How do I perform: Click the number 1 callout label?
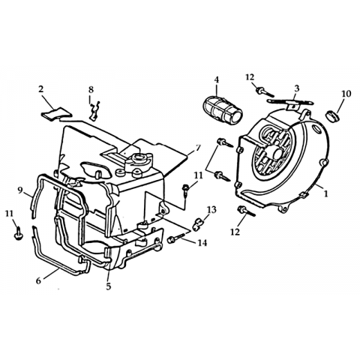coord(325,193)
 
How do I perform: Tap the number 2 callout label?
coord(41,89)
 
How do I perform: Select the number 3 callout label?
coord(296,88)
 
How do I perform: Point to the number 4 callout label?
coord(217,79)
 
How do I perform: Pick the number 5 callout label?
coord(108,286)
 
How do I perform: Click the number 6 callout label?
coord(38,280)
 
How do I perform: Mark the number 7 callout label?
coord(198,148)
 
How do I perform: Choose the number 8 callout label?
coord(91,89)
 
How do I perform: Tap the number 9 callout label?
coord(20,190)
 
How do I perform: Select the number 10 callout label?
coord(346,94)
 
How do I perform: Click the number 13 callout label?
coord(211,210)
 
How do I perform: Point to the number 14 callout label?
coord(202,242)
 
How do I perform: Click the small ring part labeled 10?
coord(332,115)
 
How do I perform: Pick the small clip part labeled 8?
coord(95,110)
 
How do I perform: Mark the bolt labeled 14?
coord(176,238)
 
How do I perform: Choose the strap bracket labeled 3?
coord(289,103)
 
